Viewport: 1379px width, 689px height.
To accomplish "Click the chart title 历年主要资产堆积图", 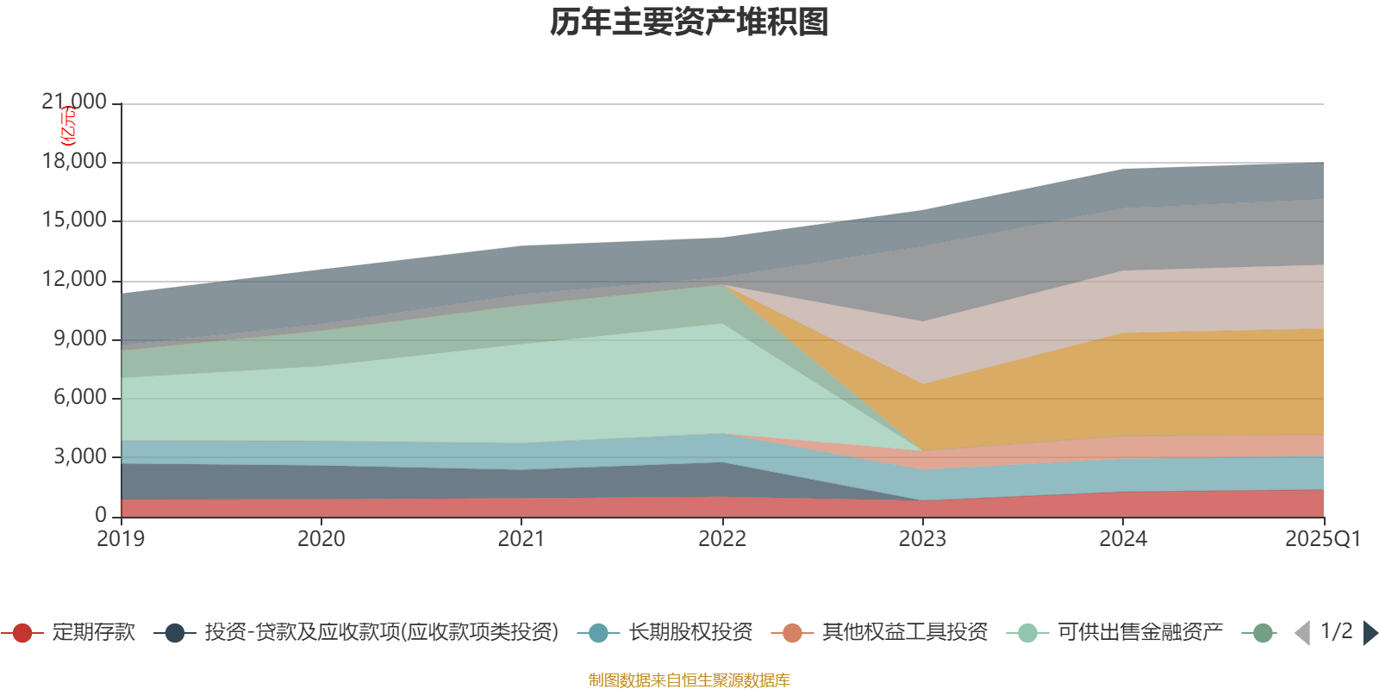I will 689,23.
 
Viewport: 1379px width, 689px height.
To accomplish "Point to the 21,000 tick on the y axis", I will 74,102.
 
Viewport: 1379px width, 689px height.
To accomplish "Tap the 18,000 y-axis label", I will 74,162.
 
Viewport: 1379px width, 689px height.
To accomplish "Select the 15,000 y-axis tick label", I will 74,220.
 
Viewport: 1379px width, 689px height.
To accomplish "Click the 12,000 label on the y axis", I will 74,280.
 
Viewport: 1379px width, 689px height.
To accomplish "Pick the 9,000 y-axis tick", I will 80,338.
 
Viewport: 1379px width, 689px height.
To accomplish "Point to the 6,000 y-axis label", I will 80,397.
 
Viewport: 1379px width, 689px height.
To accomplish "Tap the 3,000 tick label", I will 80,456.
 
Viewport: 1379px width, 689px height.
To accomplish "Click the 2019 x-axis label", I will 121,539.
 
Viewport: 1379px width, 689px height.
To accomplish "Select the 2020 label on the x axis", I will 321,539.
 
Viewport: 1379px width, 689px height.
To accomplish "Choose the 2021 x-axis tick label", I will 521,539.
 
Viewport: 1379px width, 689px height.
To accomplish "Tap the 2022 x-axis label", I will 722,539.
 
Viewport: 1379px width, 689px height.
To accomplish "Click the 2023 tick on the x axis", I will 922,539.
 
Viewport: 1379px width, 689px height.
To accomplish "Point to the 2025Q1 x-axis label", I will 1322,539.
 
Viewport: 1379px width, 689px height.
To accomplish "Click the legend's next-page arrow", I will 1370,633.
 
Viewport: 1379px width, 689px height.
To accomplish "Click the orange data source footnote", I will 689,680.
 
